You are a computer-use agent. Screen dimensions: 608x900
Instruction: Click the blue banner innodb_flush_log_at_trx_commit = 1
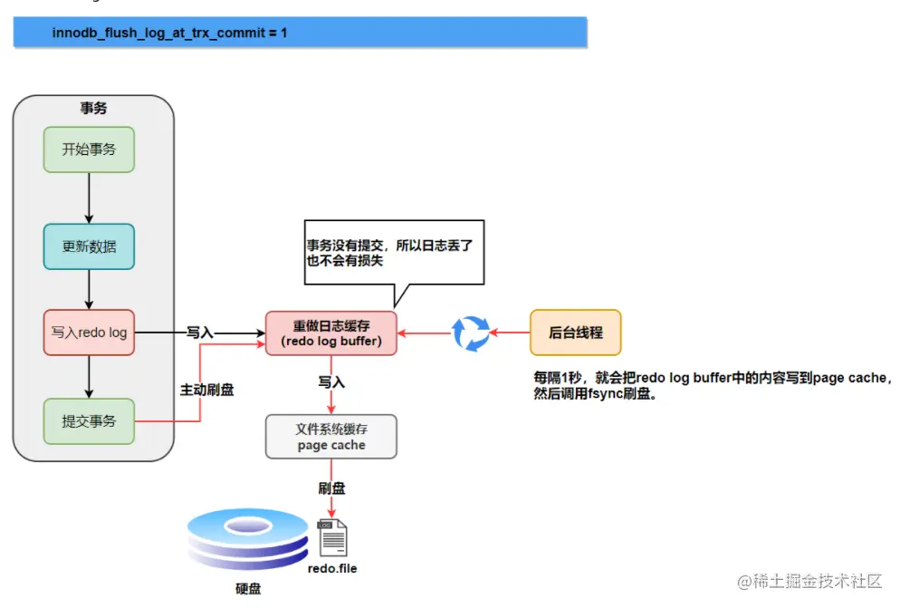click(x=300, y=33)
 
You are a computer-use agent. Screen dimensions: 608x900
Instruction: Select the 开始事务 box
click(x=89, y=150)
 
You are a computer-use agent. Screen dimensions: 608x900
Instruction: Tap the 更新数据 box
click(x=89, y=246)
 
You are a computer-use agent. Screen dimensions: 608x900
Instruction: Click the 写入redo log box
click(x=89, y=333)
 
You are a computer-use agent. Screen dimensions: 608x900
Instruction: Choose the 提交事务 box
click(x=89, y=421)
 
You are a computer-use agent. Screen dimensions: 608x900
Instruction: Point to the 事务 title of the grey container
click(x=93, y=109)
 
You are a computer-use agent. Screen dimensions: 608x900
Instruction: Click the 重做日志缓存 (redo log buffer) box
click(x=330, y=333)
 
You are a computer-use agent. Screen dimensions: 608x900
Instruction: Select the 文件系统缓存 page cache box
click(x=330, y=436)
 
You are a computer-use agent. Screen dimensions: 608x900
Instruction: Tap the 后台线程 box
click(x=576, y=333)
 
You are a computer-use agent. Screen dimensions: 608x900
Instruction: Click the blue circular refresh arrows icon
click(x=471, y=333)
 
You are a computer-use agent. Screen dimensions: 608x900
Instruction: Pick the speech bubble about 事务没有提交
click(x=394, y=253)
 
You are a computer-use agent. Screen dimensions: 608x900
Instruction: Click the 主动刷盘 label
click(x=207, y=390)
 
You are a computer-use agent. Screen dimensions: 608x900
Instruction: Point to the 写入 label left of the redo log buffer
click(x=199, y=333)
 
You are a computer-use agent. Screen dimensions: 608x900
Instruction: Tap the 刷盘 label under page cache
click(x=331, y=487)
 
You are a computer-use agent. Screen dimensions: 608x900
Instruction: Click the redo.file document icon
click(x=332, y=538)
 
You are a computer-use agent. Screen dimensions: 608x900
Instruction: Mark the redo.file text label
click(x=332, y=568)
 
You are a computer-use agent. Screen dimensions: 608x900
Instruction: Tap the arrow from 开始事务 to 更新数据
click(x=89, y=198)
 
